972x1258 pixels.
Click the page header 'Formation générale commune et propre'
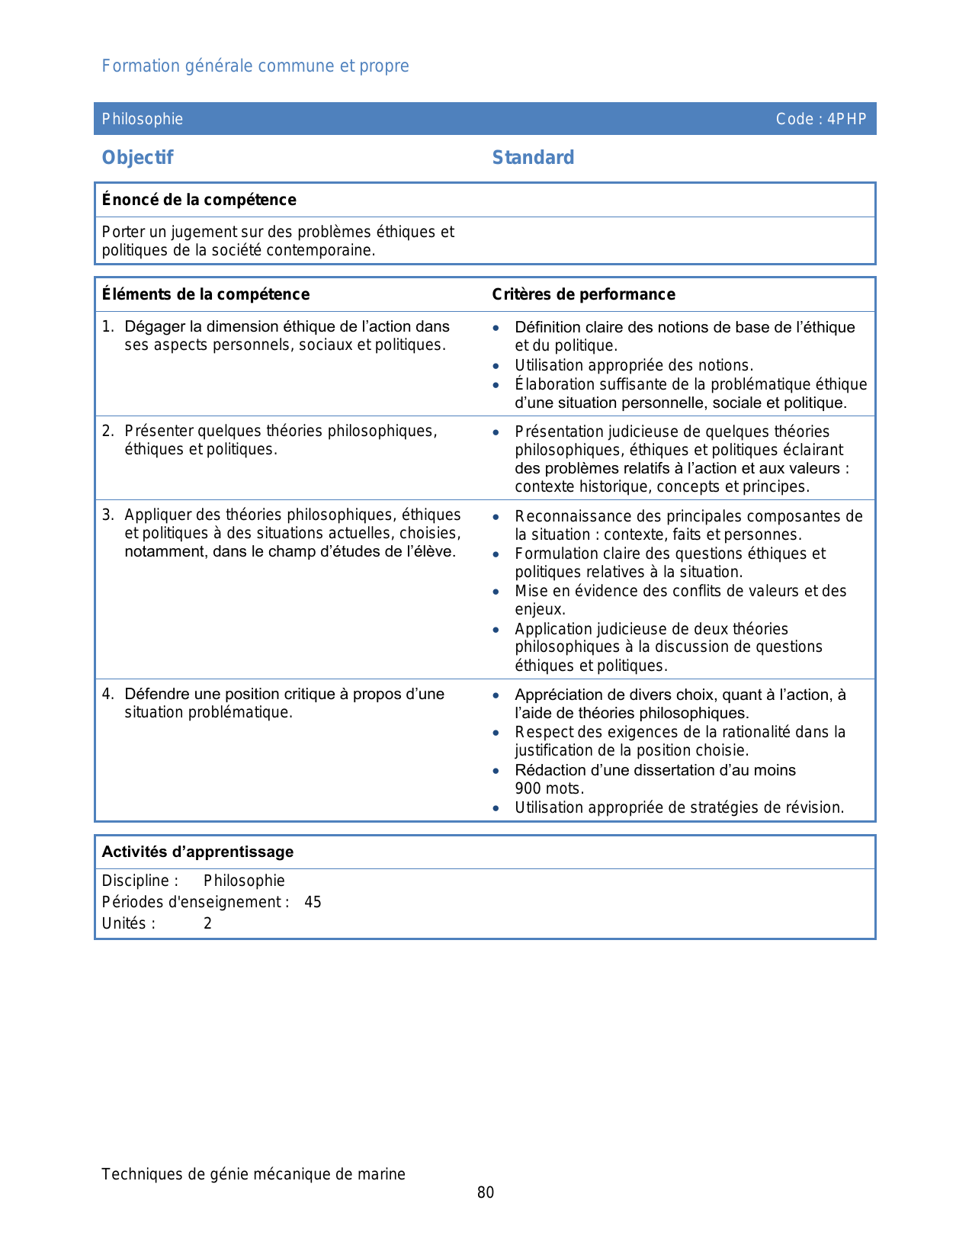tap(255, 66)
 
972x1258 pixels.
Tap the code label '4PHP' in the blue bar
tap(847, 119)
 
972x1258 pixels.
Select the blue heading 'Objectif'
tap(138, 158)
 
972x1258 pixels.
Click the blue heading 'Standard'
tap(533, 158)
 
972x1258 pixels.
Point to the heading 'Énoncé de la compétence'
tap(199, 200)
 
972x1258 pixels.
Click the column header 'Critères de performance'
tap(583, 294)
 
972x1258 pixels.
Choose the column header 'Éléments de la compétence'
tap(206, 294)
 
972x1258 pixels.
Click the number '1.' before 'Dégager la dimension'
tap(108, 326)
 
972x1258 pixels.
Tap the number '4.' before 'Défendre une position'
tap(108, 694)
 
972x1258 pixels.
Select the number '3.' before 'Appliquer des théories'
tap(108, 515)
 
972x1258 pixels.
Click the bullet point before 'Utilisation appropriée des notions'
tap(496, 366)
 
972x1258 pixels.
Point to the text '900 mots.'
tap(549, 788)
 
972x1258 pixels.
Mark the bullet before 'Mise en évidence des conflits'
tap(496, 592)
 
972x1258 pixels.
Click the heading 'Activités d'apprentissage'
tap(197, 852)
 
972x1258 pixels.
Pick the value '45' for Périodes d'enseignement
tap(313, 902)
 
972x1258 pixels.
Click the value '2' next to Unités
tap(207, 923)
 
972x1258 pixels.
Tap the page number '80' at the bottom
tap(486, 1192)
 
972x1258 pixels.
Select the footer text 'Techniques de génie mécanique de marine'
tap(253, 1174)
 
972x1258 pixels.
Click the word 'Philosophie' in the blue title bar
tap(143, 119)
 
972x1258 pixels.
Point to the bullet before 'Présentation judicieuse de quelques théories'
tap(496, 432)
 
